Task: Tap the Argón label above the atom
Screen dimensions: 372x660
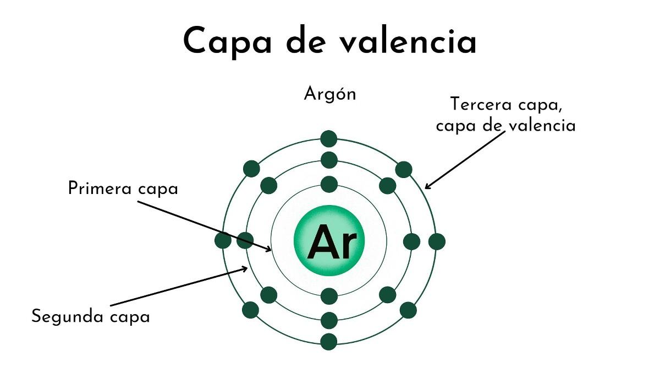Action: [330, 94]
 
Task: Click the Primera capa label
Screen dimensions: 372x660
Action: [123, 188]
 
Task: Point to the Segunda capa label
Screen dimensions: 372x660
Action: [91, 317]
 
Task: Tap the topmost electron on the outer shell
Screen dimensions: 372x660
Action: [329, 138]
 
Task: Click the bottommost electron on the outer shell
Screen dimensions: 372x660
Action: [329, 342]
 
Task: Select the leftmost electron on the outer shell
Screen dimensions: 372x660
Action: [223, 240]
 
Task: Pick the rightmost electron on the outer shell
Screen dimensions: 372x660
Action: [436, 241]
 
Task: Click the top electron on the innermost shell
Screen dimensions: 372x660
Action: [329, 184]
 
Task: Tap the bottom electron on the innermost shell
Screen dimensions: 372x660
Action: [329, 296]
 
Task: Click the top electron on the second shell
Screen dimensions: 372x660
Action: [329, 160]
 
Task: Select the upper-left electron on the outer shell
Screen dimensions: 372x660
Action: [251, 169]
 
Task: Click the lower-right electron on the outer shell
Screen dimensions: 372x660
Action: [408, 310]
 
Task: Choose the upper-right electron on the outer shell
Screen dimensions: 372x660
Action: [404, 169]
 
